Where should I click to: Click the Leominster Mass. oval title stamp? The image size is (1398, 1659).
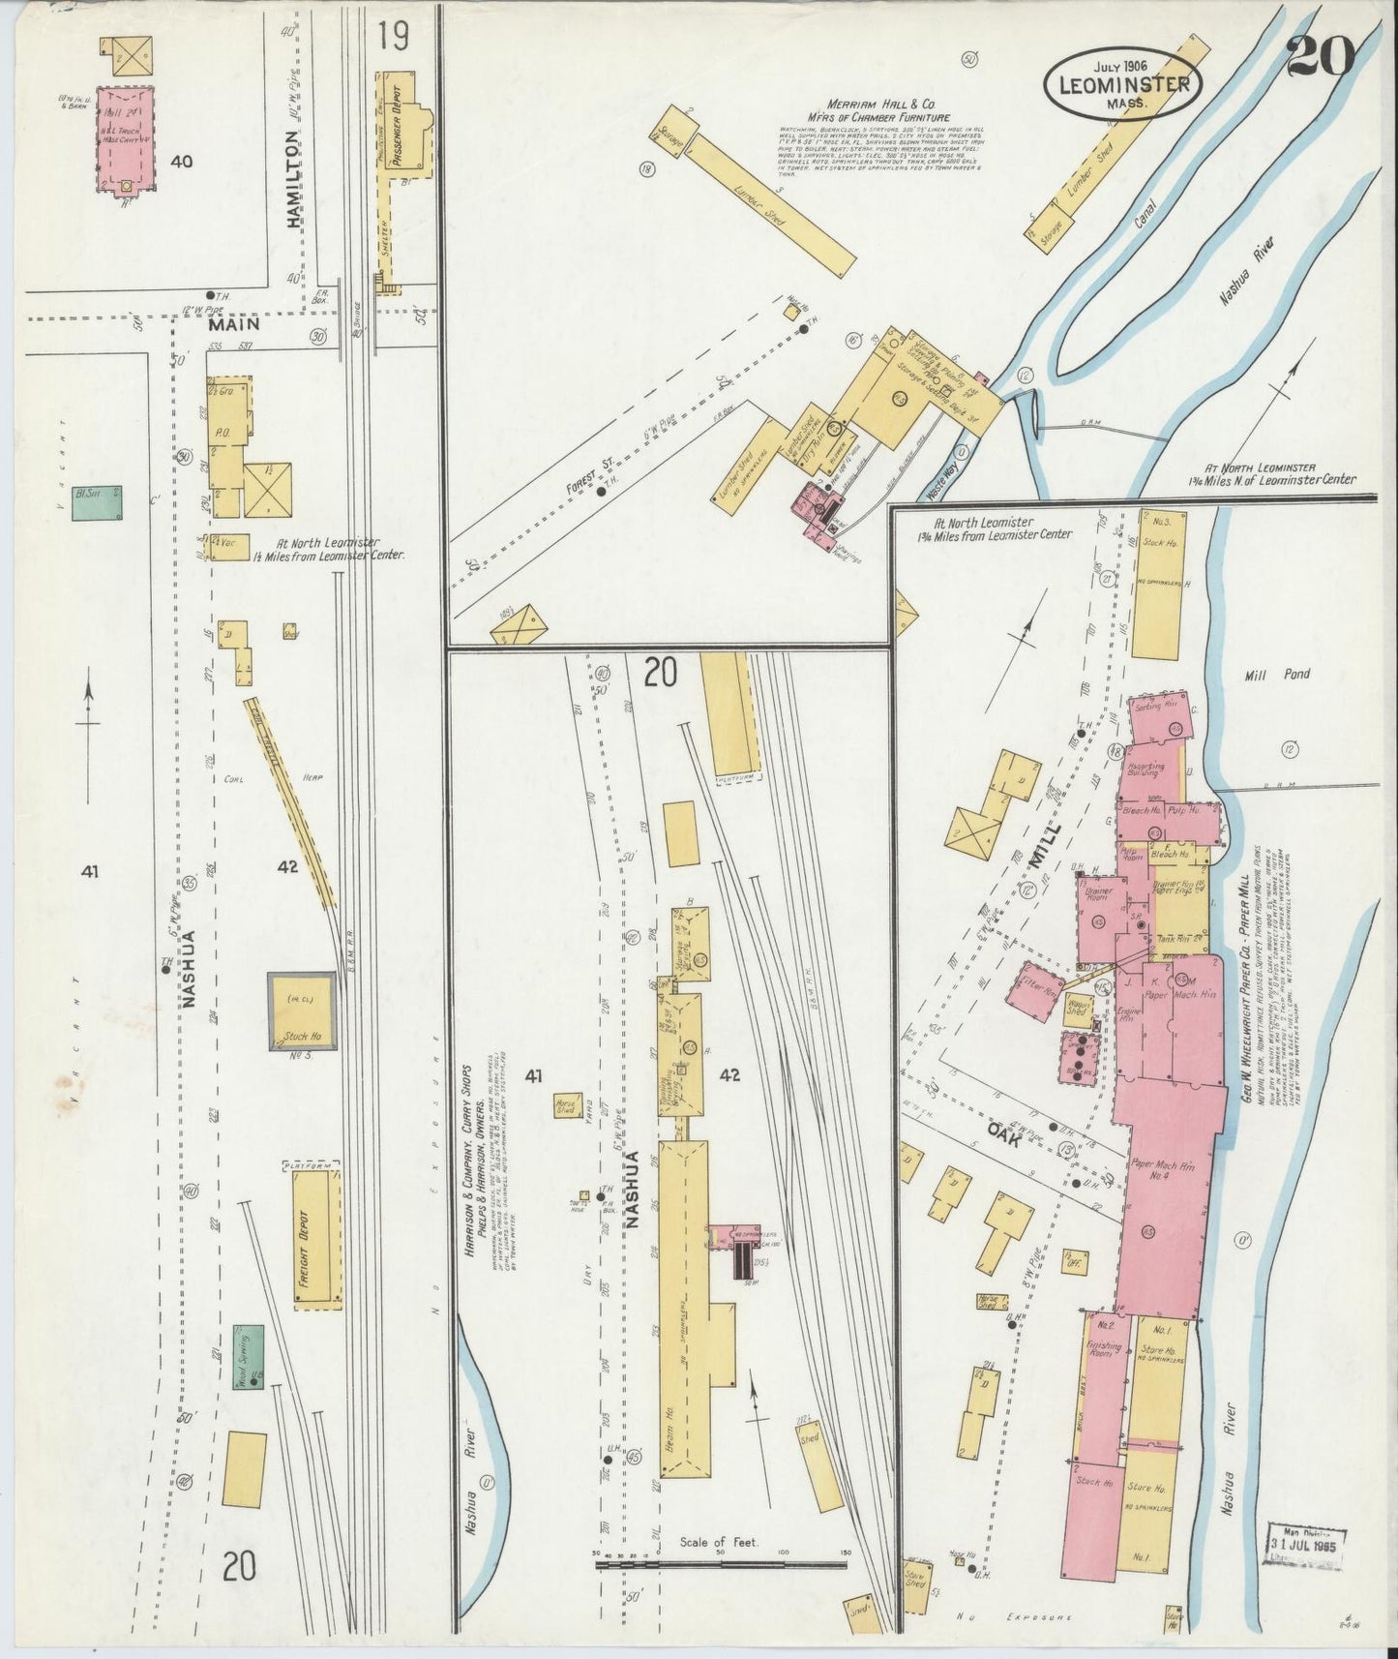coord(1122,84)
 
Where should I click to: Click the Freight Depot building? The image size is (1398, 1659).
coord(314,1240)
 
